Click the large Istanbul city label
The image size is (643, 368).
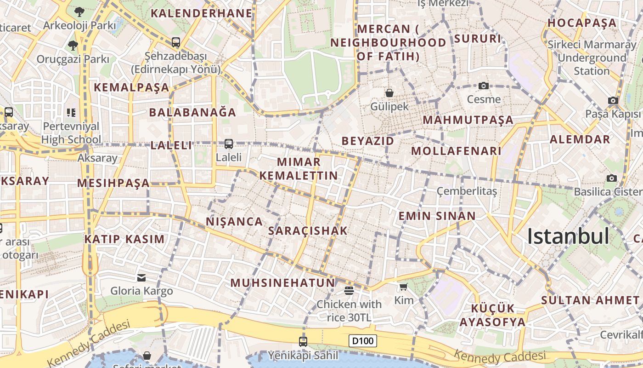coord(568,236)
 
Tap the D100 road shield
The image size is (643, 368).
coord(362,341)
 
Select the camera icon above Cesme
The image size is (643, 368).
coord(483,86)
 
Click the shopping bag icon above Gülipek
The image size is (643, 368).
coord(389,93)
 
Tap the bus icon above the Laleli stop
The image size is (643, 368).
coord(229,144)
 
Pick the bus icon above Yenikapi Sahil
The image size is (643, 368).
coord(303,341)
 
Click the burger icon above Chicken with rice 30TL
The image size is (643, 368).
coord(349,290)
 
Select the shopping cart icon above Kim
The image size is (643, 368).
coord(403,287)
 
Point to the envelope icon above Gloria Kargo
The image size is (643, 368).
coord(141,277)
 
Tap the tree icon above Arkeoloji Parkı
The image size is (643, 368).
coord(79,11)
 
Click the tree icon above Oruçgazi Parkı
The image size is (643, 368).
coord(73,45)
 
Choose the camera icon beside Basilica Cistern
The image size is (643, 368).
coord(612,178)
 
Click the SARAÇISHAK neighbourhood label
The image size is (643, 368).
coord(308,231)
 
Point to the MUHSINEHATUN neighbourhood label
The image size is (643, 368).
coord(283,283)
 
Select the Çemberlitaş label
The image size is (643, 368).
coord(467,191)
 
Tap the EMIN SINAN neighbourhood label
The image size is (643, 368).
coord(437,216)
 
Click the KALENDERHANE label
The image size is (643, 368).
coord(202,13)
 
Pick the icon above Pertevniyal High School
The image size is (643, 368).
coord(71,112)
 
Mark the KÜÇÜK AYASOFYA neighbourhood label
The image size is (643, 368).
coord(492,315)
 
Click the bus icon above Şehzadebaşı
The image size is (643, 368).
coord(176,42)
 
